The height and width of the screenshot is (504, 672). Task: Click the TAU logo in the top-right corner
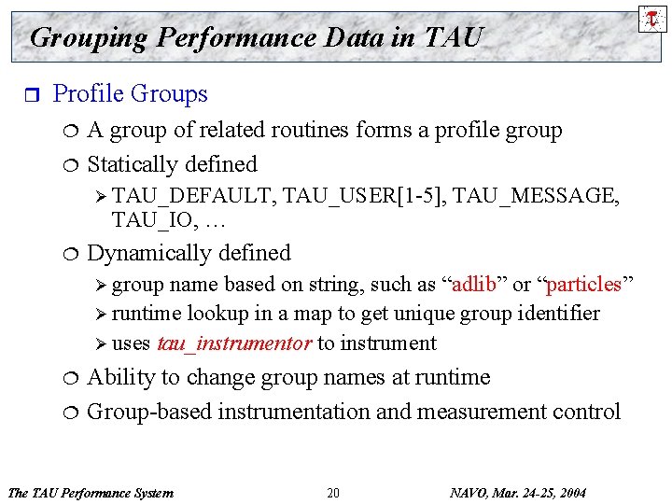click(x=651, y=17)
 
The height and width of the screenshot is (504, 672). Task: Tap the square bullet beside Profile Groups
click(x=30, y=94)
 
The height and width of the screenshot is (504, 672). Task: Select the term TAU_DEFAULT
click(x=193, y=195)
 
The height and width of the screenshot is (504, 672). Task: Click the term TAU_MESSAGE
click(x=532, y=195)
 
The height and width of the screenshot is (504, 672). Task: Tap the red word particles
click(x=584, y=284)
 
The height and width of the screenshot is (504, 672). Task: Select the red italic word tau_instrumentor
click(x=233, y=343)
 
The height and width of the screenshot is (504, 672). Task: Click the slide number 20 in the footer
click(x=333, y=493)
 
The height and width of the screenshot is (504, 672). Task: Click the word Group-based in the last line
click(x=149, y=412)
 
